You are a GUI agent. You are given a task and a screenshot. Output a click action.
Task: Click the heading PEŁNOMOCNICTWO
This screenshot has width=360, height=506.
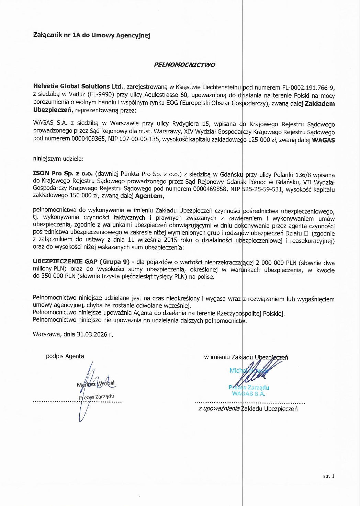point(184,65)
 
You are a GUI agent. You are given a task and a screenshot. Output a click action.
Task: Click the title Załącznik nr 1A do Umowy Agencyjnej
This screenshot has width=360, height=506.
point(92,35)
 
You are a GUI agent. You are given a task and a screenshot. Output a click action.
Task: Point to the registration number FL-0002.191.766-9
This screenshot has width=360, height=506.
point(308,88)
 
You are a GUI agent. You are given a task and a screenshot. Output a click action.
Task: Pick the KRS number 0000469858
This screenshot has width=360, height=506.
point(210,189)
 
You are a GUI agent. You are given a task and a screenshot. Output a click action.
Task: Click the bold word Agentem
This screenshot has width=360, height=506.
point(149,196)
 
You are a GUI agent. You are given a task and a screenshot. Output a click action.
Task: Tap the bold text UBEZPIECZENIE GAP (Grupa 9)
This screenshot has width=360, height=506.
point(81,262)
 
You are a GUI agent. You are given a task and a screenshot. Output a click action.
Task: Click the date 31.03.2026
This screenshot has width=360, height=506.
point(92,334)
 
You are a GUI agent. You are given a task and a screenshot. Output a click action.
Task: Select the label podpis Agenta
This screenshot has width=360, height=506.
point(65,356)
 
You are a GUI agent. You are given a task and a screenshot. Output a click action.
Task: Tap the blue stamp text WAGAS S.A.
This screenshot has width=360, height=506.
point(248,394)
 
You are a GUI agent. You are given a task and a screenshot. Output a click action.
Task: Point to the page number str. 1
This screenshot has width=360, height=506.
point(328,476)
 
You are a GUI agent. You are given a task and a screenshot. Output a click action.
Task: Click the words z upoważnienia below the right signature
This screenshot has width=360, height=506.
point(219,409)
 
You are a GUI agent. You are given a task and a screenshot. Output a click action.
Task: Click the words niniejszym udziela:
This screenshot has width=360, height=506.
point(58,159)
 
